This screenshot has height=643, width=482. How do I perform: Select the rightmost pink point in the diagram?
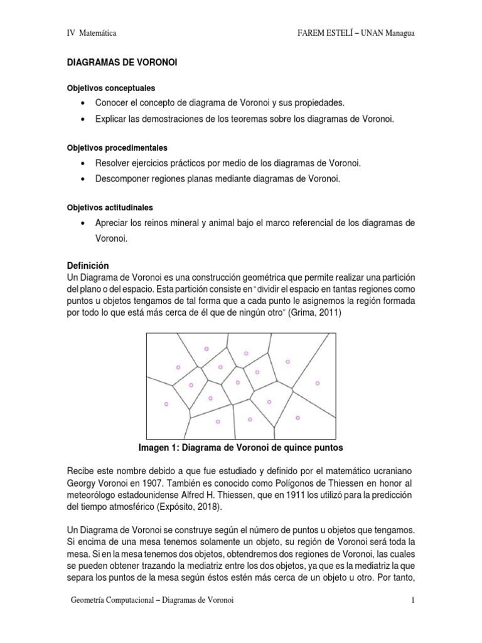pos(317,383)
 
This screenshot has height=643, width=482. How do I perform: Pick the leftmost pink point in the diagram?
pos(166,404)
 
